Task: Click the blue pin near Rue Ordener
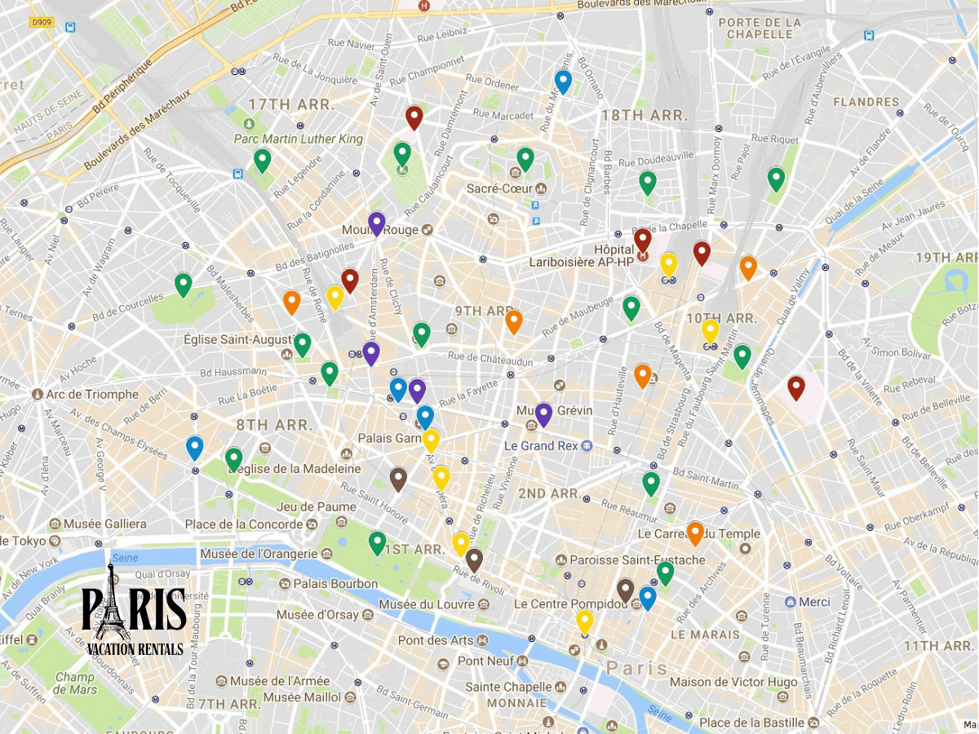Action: click(x=563, y=82)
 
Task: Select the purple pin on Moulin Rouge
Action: click(x=376, y=223)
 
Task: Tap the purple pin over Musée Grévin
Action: click(x=543, y=413)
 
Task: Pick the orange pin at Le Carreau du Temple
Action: click(x=695, y=533)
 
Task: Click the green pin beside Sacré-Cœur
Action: click(x=525, y=158)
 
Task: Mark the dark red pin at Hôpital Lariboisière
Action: click(x=643, y=240)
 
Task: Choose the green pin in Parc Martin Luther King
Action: click(x=262, y=160)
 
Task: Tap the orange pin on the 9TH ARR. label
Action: click(x=513, y=321)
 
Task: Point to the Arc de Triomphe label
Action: click(x=92, y=395)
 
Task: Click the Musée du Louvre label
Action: click(x=427, y=604)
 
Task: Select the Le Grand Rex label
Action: click(x=540, y=446)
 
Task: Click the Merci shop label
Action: click(x=814, y=602)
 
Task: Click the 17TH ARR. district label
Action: click(x=280, y=104)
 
